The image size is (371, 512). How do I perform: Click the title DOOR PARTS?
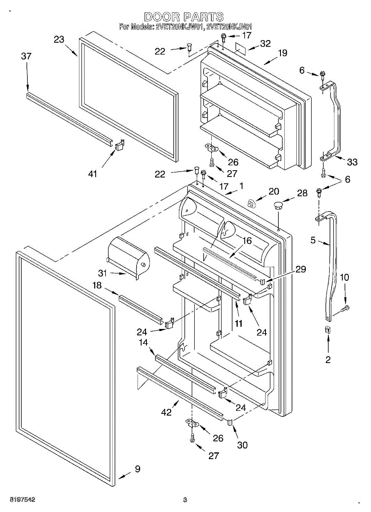coord(184,17)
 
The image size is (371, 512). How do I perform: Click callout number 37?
coord(26,56)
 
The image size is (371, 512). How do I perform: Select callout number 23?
coord(59,40)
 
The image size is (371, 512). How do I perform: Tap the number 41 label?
coord(93,174)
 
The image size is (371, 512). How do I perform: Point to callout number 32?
coord(266,44)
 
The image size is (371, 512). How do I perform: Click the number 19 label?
coord(282,53)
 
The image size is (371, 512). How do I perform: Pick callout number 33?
coord(352,162)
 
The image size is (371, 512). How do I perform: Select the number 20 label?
coord(273,192)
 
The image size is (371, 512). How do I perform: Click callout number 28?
coord(302,193)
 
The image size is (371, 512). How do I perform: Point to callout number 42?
coord(166,412)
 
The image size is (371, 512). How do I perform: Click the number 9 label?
coord(137,469)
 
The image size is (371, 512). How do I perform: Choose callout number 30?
coord(242,445)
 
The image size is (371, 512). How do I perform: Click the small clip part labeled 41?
coord(119,145)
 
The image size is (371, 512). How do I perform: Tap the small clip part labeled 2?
coord(328,329)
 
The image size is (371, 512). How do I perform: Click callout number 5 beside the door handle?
coord(313,241)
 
